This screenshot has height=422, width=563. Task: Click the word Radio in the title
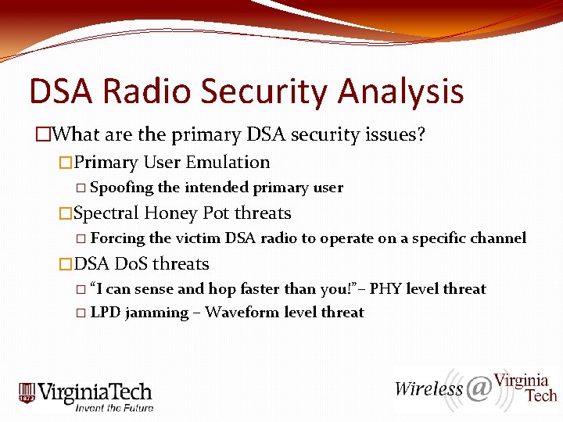point(153,91)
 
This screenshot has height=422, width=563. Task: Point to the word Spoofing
point(122,188)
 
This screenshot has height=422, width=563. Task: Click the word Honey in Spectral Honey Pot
point(171,213)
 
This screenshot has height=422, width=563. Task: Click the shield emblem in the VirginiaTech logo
point(28,393)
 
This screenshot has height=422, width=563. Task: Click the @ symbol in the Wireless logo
point(478,388)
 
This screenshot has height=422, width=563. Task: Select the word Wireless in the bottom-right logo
point(429,388)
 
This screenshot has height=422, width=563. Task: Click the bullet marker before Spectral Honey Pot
point(66,213)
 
